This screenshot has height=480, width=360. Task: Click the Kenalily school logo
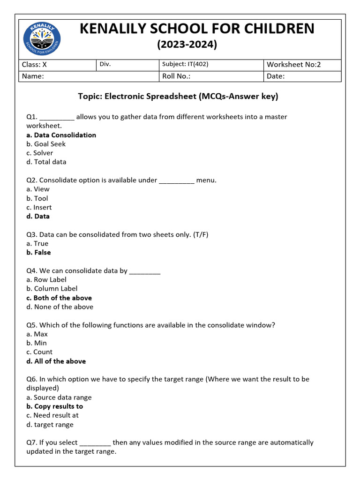pyautogui.click(x=42, y=38)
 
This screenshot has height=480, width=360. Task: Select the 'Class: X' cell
pyautogui.click(x=35, y=65)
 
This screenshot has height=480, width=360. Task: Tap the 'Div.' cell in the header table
pyautogui.click(x=105, y=64)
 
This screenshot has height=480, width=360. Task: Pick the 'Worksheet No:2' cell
pyautogui.click(x=293, y=65)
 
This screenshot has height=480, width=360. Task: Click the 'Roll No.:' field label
pyautogui.click(x=176, y=76)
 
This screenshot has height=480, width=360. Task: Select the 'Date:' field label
pyautogui.click(x=276, y=76)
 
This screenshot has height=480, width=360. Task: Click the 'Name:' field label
pyautogui.click(x=33, y=76)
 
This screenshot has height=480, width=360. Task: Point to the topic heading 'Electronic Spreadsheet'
pyautogui.click(x=178, y=97)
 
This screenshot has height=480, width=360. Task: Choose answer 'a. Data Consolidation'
pyautogui.click(x=61, y=135)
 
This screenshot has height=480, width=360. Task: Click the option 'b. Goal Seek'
pyautogui.click(x=46, y=144)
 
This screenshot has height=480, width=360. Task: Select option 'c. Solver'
pyautogui.click(x=40, y=153)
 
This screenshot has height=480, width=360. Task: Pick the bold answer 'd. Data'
pyautogui.click(x=38, y=216)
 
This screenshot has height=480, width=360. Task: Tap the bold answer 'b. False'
pyautogui.click(x=38, y=252)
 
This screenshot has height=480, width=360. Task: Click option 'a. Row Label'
pyautogui.click(x=46, y=279)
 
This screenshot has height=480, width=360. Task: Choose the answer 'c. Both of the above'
pyautogui.click(x=59, y=298)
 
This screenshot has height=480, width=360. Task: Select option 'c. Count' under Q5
pyautogui.click(x=39, y=352)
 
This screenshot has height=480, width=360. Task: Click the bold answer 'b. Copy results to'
pyautogui.click(x=54, y=406)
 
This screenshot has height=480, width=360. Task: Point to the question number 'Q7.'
pyautogui.click(x=32, y=442)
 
